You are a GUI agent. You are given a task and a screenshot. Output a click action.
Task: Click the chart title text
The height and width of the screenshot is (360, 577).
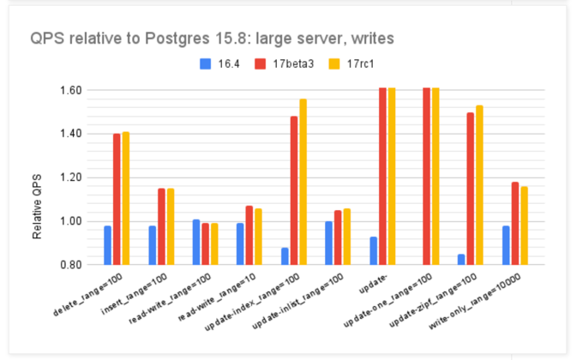[x=212, y=39]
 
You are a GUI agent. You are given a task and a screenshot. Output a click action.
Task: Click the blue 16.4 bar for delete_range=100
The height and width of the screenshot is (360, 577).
[x=107, y=245]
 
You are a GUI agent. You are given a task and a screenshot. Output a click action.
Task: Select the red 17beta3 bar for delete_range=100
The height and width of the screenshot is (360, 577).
[x=117, y=199]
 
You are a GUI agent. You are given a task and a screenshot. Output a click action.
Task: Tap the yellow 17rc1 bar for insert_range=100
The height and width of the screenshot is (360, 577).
[x=170, y=226]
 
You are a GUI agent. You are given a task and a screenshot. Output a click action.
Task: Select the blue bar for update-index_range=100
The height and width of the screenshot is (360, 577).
[x=285, y=256]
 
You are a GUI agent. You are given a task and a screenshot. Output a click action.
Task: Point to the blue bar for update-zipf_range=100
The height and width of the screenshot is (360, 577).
[x=461, y=260]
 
